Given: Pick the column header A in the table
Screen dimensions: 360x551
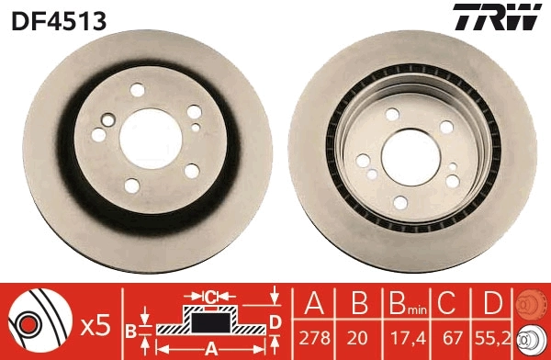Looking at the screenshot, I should tap(312, 302).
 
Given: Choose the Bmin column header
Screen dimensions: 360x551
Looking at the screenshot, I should tap(399, 302).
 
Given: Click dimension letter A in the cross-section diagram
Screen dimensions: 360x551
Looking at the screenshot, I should tap(209, 347).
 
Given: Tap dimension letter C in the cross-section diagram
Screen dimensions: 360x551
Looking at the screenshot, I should tap(209, 296).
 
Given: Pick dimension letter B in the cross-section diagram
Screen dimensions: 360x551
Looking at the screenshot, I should tap(131, 329).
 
